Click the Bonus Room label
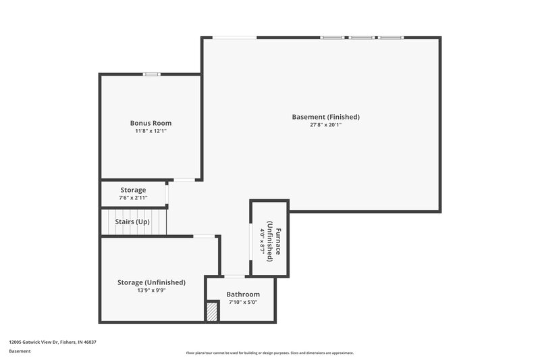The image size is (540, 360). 151,123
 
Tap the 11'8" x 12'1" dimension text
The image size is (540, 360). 151,131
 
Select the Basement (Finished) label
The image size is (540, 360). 325,117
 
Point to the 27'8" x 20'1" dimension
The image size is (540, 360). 325,125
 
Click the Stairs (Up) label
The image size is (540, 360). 133,222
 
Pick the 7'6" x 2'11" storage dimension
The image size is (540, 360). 133,198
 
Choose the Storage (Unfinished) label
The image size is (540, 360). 151,282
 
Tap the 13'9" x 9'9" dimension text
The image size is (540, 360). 151,290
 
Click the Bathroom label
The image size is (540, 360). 243,294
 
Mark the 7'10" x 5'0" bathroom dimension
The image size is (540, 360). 243,303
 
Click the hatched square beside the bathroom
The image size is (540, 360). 213,311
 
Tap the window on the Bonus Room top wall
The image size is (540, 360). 151,74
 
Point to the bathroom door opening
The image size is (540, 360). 234,276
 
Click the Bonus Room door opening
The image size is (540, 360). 184,180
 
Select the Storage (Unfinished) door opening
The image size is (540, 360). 205,236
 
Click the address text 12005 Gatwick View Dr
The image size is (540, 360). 53,342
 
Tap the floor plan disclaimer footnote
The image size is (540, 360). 269,353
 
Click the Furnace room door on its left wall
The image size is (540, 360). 251,240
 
